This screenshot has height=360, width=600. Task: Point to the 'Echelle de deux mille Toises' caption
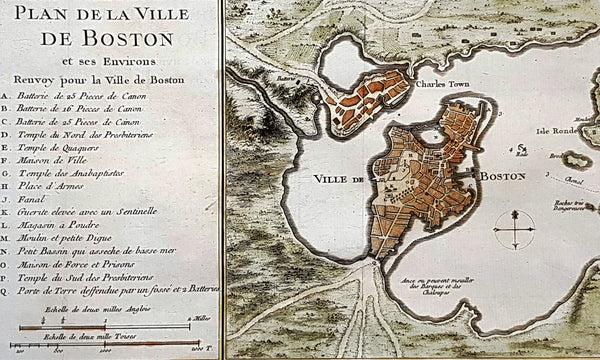tap(66, 338)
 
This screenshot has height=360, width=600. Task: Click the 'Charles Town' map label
tap(442, 85)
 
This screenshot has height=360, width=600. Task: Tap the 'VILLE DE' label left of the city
tap(336, 179)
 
